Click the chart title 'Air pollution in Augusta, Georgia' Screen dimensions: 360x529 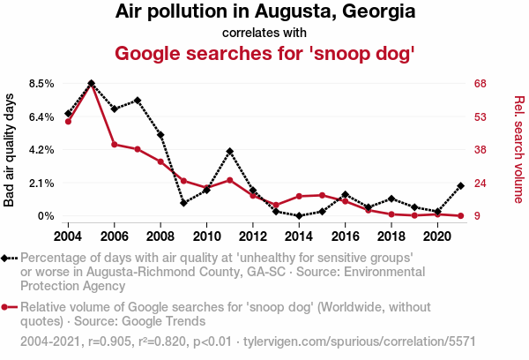pos(264,13)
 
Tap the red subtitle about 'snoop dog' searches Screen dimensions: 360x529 pos(264,53)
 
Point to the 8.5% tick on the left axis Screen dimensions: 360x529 pos(42,83)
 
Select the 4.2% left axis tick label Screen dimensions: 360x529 pos(42,150)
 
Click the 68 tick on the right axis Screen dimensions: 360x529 pos(480,83)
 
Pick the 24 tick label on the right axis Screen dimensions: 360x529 pos(480,183)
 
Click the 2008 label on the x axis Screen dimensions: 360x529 pos(160,236)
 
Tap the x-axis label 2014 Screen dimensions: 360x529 pos(299,236)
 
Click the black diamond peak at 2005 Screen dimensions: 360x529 pos(92,83)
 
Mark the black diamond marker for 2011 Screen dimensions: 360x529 pos(229,152)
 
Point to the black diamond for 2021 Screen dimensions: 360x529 pos(460,186)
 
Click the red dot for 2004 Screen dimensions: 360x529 pos(69,121)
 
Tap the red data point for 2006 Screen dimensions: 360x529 pos(115,144)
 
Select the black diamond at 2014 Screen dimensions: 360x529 pos(299,216)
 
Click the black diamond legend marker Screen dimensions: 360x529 pos(7,258)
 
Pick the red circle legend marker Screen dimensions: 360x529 pos(7,308)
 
